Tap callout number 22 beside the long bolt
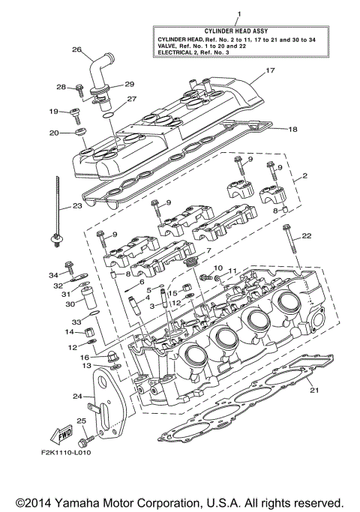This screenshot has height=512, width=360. [306, 236]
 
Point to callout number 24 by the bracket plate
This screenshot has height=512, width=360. [76, 396]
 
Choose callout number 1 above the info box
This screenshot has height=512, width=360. [238, 13]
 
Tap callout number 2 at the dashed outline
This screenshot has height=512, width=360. [306, 178]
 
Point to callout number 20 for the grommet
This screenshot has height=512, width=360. [53, 133]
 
